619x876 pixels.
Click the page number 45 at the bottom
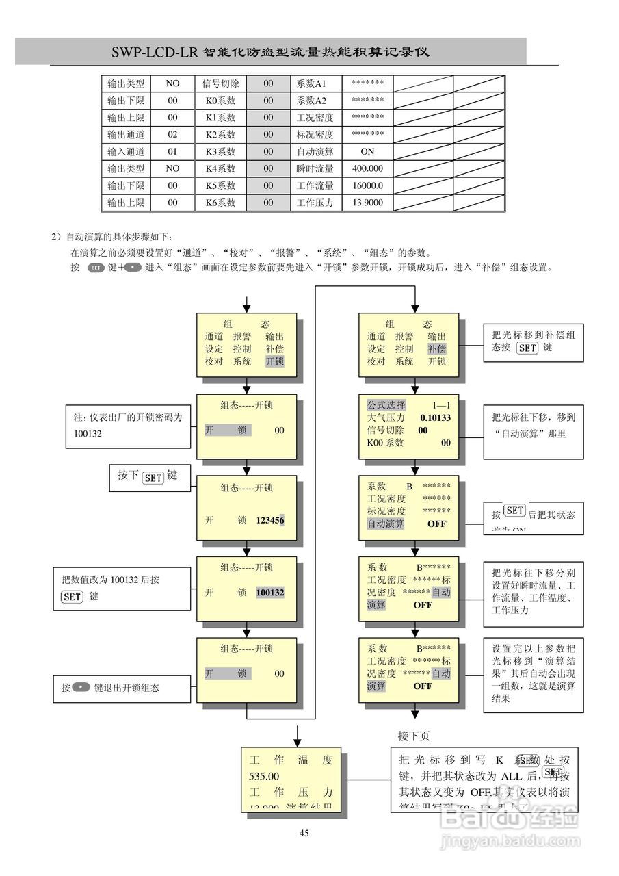click(x=304, y=833)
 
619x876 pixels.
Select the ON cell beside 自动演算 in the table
click(x=367, y=152)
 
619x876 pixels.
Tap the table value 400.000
click(x=367, y=168)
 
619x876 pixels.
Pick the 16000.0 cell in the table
click(x=367, y=185)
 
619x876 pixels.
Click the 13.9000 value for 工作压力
click(x=367, y=203)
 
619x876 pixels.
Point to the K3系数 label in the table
click(x=220, y=152)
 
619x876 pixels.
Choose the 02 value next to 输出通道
click(x=172, y=135)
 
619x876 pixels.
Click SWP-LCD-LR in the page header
click(x=154, y=53)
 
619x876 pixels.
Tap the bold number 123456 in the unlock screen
click(x=270, y=520)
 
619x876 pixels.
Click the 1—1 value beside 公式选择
click(x=440, y=405)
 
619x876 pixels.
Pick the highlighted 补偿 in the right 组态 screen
click(x=437, y=349)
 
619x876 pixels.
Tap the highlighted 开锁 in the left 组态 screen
click(x=275, y=361)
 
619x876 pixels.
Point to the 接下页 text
click(x=414, y=736)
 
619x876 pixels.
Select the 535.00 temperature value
click(x=264, y=776)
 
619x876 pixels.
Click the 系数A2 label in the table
click(x=311, y=101)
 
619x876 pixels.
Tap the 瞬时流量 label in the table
click(x=315, y=168)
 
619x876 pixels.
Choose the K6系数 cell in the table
click(x=220, y=203)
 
